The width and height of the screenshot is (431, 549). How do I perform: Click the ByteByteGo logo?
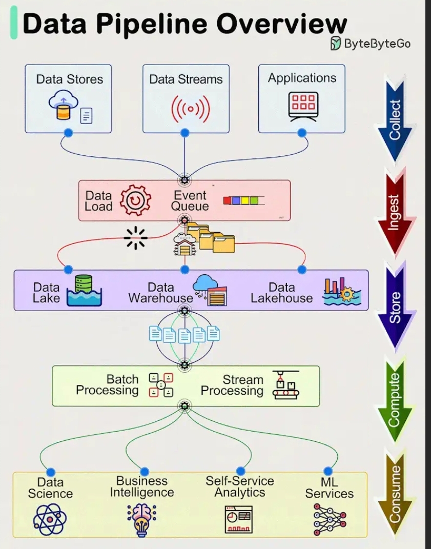[x=336, y=44]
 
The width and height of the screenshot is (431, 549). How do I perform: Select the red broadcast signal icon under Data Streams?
[x=191, y=108]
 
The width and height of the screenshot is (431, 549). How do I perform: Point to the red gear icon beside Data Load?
[x=135, y=200]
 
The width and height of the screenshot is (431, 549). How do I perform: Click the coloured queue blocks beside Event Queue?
[x=243, y=200]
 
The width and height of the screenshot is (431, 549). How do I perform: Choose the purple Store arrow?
[x=395, y=306]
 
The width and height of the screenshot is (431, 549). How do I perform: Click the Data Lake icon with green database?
[x=84, y=291]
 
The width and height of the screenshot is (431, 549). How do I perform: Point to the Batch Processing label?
[x=107, y=385]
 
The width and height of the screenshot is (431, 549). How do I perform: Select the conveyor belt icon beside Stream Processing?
[x=285, y=385]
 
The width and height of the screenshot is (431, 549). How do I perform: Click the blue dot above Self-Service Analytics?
[x=240, y=471]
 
